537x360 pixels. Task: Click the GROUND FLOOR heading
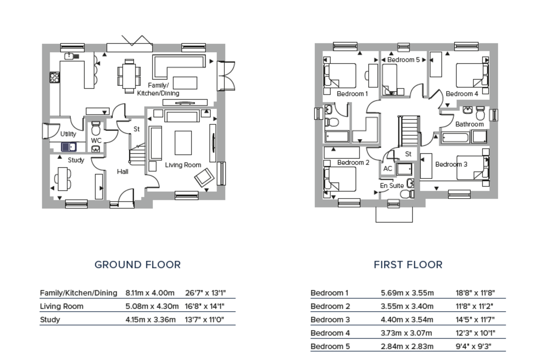pyautogui.click(x=138, y=265)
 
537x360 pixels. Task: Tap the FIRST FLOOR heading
pyautogui.click(x=408, y=265)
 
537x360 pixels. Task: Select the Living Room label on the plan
pyautogui.click(x=183, y=165)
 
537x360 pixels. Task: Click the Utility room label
pyautogui.click(x=68, y=134)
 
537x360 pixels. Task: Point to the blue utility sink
pyautogui.click(x=69, y=147)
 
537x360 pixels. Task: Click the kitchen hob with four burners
pyautogui.click(x=55, y=77)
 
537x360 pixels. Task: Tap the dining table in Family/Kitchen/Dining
pyautogui.click(x=129, y=76)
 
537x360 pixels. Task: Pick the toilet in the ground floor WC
pyautogui.click(x=96, y=129)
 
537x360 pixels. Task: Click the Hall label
pyautogui.click(x=123, y=172)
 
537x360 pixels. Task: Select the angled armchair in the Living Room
pyautogui.click(x=204, y=178)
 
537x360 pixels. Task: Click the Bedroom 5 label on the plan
pyautogui.click(x=404, y=60)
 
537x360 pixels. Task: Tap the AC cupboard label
pyautogui.click(x=388, y=169)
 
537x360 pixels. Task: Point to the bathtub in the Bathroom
pyautogui.click(x=455, y=138)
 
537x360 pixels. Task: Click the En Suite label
pyautogui.click(x=392, y=186)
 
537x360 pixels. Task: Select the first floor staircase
pyautogui.click(x=409, y=130)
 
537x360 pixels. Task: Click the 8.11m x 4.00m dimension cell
pyautogui.click(x=150, y=293)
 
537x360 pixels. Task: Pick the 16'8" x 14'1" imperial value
pyautogui.click(x=205, y=306)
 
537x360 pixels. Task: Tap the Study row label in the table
pyautogui.click(x=50, y=320)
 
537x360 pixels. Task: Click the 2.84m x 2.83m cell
pyautogui.click(x=407, y=347)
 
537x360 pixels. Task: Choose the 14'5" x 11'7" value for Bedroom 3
pyautogui.click(x=475, y=320)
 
